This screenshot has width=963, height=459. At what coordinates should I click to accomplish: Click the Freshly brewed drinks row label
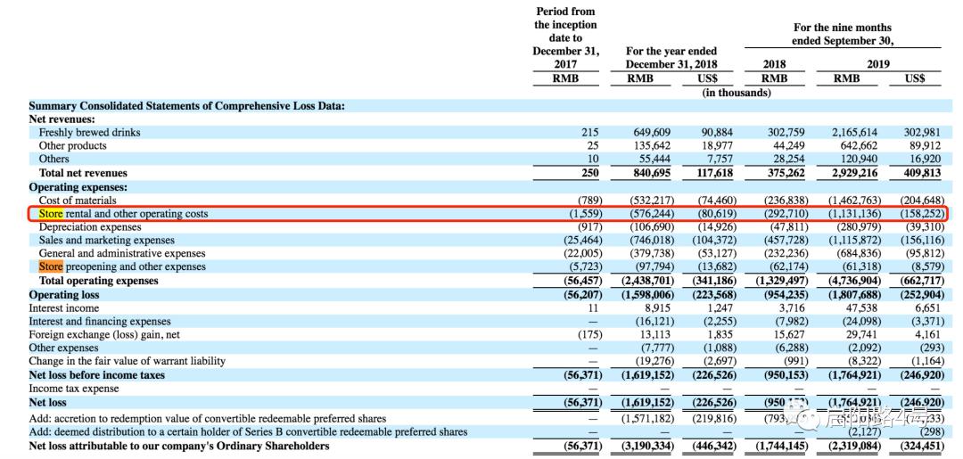89,133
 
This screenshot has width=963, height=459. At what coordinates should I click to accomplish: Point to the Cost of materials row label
78,201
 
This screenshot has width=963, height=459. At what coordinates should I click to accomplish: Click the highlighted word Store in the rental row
51,214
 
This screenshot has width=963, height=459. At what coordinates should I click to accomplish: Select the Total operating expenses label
98,281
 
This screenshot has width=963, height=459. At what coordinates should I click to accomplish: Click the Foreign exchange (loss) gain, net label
104,334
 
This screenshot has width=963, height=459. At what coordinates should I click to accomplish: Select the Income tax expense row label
73,389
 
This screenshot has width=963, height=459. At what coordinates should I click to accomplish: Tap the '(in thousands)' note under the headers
737,93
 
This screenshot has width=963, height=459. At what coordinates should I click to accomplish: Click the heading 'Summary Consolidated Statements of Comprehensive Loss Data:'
186,106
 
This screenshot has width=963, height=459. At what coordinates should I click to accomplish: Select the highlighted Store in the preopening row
51,266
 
